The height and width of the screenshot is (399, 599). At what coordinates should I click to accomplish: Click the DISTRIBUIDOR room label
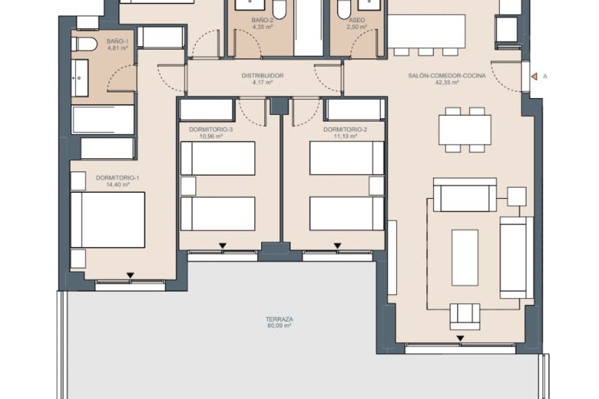[262, 75]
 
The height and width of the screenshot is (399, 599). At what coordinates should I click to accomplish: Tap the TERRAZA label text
[280, 319]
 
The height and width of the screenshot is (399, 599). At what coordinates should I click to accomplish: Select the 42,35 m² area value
[447, 82]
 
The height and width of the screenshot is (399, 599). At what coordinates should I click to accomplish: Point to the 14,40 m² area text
[117, 185]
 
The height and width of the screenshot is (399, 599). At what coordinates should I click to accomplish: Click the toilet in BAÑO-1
[84, 44]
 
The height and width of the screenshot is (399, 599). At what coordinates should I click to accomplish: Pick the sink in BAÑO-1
[80, 78]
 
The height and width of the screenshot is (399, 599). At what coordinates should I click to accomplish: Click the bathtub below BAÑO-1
[103, 119]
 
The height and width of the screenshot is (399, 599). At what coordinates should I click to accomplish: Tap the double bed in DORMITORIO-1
[108, 220]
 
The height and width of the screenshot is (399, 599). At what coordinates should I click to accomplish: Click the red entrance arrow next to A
[534, 77]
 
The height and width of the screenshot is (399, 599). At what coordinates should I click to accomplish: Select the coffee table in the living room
[465, 258]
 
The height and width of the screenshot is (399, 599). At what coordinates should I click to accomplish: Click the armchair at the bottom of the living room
[465, 316]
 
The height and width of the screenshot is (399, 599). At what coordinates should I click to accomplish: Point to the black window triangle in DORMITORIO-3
[223, 246]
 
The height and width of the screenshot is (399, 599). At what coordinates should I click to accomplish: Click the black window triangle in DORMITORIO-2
[337, 246]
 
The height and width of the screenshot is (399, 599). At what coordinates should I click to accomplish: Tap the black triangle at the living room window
[461, 338]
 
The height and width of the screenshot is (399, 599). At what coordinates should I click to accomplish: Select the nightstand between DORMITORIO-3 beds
[188, 186]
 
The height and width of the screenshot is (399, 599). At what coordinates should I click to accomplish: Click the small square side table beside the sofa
[517, 197]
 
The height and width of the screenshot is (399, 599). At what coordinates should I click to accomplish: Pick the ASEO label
[357, 20]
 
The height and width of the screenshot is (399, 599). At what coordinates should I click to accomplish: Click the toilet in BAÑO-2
[279, 10]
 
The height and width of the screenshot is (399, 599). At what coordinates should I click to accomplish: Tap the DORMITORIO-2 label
[346, 129]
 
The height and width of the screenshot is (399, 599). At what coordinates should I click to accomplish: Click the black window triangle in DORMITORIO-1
[131, 275]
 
